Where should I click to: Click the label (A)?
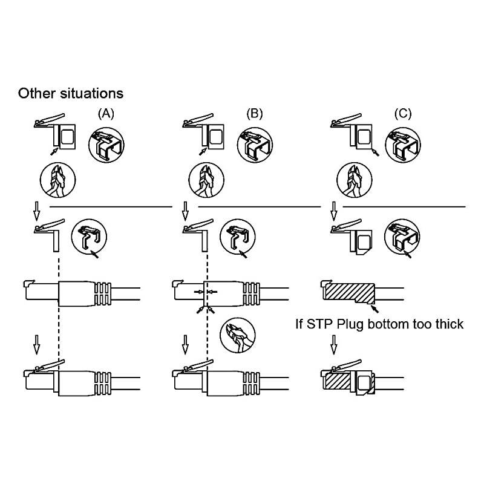tap(105, 113)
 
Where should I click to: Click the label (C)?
tap(402, 113)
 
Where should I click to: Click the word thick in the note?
tap(445, 324)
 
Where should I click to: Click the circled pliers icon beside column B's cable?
tap(237, 335)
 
